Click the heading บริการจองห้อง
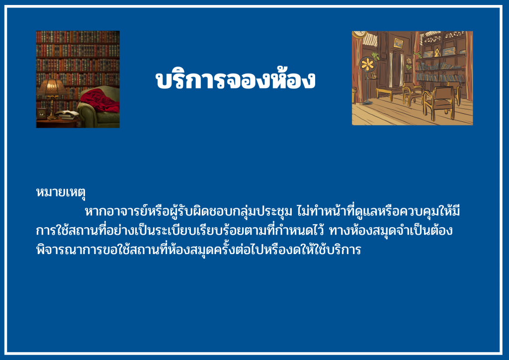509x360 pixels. pyautogui.click(x=235, y=80)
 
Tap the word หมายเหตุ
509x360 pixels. pyautogui.click(x=61, y=192)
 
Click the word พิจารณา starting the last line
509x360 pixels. pyautogui.click(x=56, y=250)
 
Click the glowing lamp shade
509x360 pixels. pyautogui.click(x=52, y=88)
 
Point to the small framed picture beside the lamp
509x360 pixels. pyautogui.click(x=42, y=113)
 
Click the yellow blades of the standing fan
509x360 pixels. pyautogui.click(x=367, y=64)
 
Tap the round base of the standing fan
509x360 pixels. pyautogui.click(x=367, y=103)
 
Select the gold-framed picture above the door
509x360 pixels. pyautogui.click(x=398, y=43)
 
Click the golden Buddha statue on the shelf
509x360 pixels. pyautogui.click(x=437, y=52)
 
